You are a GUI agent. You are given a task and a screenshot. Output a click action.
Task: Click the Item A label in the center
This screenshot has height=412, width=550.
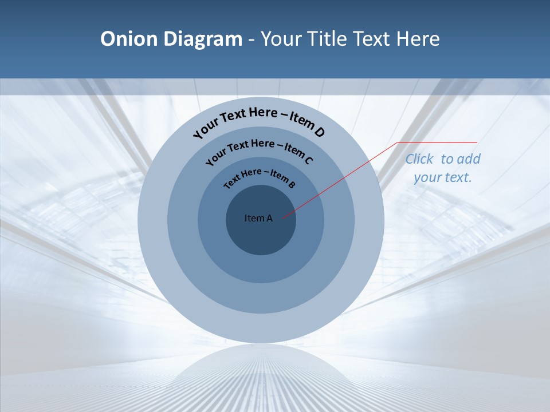click(258, 218)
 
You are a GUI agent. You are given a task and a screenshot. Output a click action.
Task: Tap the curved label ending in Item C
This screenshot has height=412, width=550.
click(259, 148)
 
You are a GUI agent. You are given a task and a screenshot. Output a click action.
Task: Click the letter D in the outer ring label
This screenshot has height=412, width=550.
click(319, 132)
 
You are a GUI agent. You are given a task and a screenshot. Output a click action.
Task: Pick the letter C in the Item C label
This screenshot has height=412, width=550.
click(308, 160)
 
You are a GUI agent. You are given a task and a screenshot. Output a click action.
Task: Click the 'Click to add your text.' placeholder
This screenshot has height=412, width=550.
click(443, 168)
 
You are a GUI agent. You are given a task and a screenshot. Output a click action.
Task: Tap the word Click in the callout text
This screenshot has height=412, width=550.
click(420, 159)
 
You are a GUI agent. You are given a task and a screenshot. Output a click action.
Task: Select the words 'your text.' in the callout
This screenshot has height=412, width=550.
click(443, 177)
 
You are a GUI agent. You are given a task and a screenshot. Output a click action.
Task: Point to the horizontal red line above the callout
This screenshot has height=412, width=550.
click(438, 142)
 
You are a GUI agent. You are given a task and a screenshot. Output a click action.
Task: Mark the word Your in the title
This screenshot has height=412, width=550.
click(282, 39)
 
